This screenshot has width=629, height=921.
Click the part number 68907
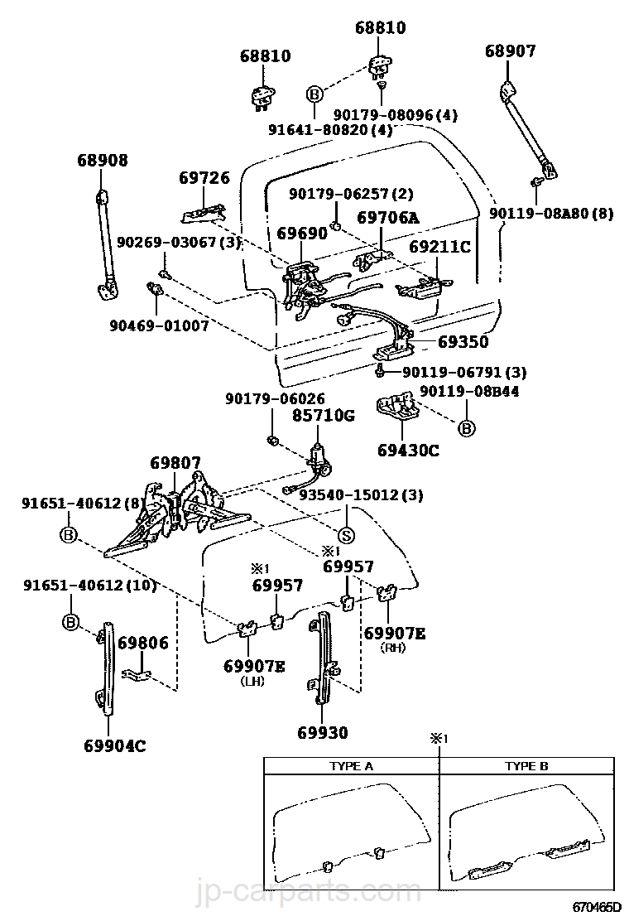510,51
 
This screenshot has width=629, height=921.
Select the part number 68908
103,161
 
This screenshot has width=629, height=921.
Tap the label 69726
204,178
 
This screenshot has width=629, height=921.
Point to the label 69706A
388,218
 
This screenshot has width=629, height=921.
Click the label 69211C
439,247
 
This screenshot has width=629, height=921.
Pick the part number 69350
463,341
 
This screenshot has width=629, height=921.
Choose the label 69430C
408,451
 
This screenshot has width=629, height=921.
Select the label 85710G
326,416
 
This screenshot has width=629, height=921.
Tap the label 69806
142,643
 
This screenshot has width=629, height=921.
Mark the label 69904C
114,745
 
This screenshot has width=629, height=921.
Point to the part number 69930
323,732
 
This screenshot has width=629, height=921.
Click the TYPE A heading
351,766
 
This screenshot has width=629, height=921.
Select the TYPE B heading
526,766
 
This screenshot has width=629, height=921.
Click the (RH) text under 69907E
395,649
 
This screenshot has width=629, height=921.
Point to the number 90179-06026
274,399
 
